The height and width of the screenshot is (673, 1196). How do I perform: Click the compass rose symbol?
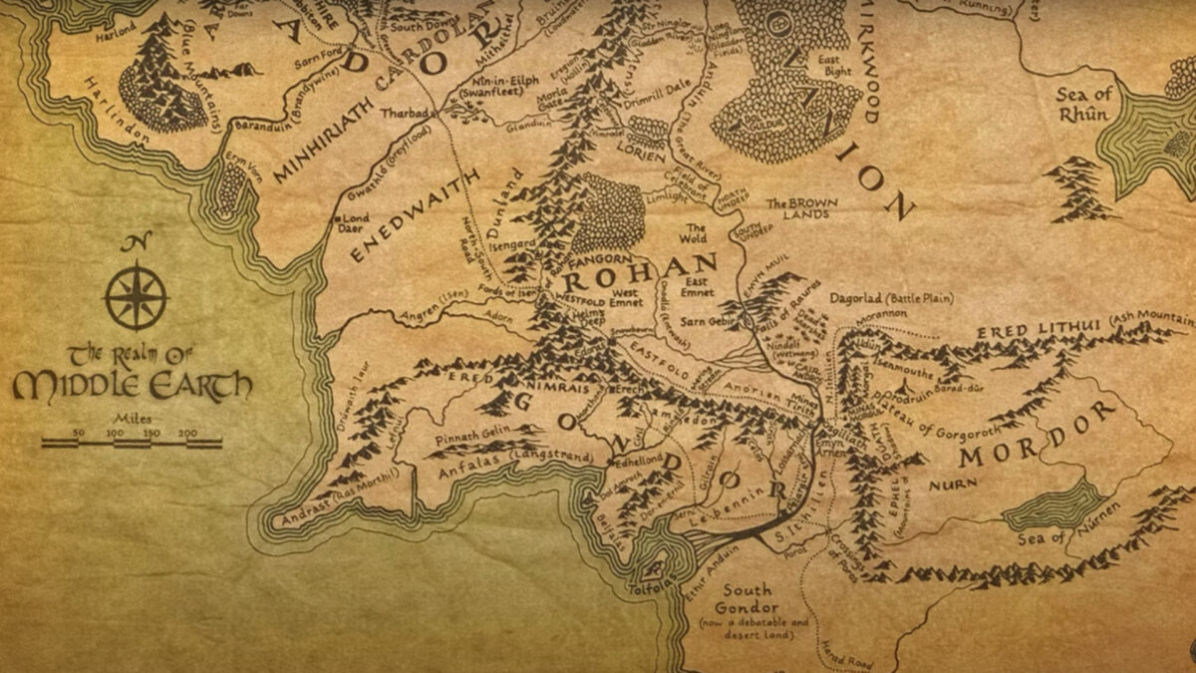click(x=136, y=295)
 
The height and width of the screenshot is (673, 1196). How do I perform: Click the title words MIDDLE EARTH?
click(x=132, y=386)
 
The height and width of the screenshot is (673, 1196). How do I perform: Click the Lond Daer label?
click(x=358, y=221)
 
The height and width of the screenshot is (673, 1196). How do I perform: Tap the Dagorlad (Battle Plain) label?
click(x=891, y=298)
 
